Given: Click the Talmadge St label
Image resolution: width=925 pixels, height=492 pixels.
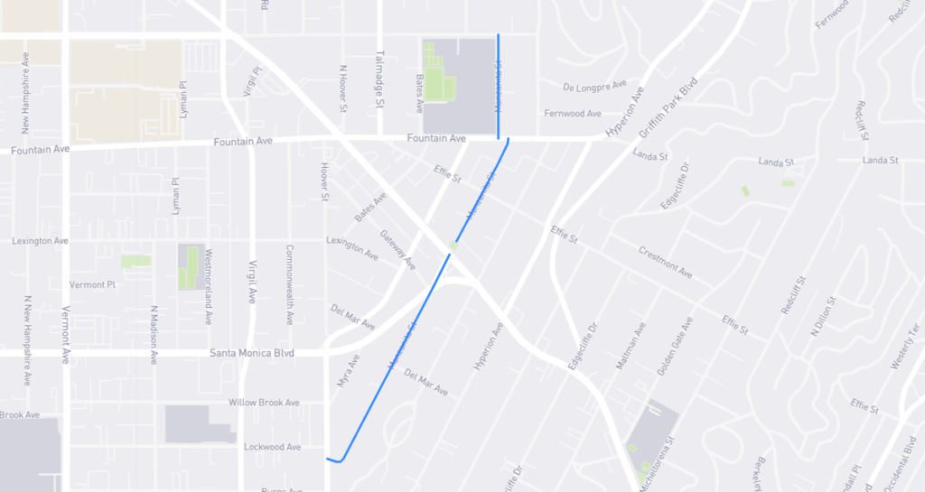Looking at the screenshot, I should tap(380, 79).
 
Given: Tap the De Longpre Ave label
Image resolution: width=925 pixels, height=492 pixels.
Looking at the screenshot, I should tap(594, 87).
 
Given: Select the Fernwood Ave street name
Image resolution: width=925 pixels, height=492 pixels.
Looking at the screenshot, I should tap(573, 114).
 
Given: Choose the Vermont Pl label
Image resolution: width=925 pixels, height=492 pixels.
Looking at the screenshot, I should tap(93, 284).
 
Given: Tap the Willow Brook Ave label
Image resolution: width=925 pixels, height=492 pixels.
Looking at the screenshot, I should tap(264, 403).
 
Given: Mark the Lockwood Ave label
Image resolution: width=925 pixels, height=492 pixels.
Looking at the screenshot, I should tap(272, 447).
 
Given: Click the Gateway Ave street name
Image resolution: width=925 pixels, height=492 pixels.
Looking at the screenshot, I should tap(398, 250).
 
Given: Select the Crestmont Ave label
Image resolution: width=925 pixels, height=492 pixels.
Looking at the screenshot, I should tap(665, 262).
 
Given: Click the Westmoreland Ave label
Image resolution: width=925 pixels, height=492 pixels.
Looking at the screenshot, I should tap(209, 286).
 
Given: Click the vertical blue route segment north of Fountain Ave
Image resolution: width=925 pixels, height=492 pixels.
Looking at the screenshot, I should tap(499, 86).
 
